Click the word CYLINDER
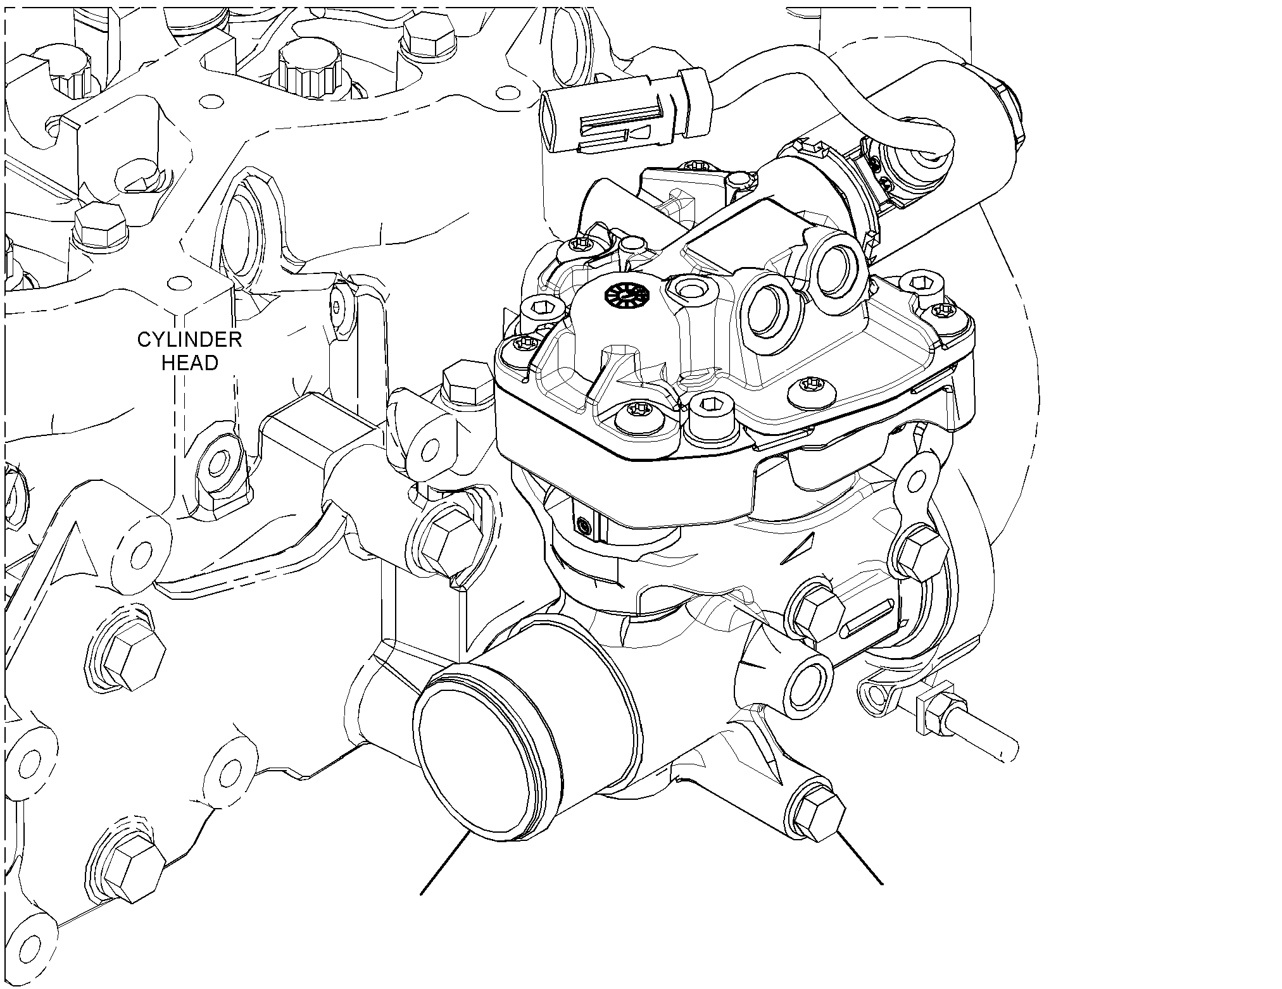pos(189,340)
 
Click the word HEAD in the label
pos(190,363)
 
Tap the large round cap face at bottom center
pos(471,762)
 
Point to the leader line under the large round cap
pos(444,864)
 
